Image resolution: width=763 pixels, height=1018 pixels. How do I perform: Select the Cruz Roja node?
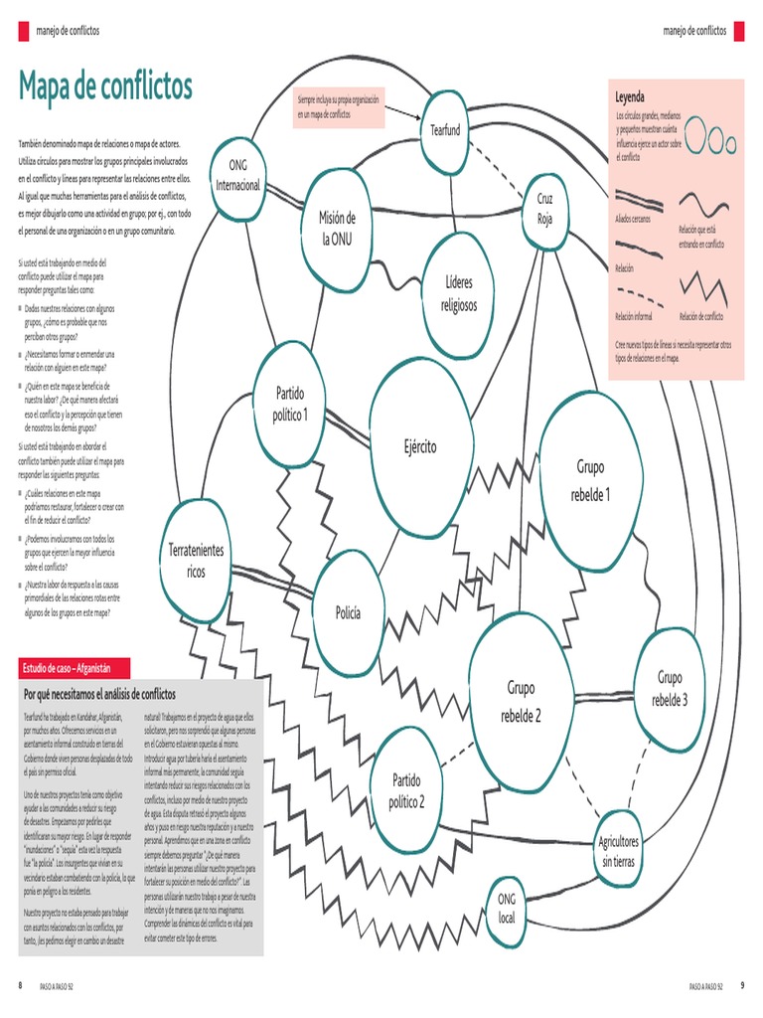544,209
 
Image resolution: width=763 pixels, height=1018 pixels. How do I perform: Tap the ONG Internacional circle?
238,175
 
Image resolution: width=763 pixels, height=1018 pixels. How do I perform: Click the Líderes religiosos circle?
458,293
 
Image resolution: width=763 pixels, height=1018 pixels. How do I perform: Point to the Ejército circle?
420,445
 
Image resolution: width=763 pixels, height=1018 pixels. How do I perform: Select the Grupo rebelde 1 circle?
591,480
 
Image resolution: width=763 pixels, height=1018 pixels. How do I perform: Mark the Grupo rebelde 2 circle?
523,701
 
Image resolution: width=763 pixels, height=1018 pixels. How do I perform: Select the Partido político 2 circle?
407,790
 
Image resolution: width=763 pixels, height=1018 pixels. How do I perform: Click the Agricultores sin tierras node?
617,851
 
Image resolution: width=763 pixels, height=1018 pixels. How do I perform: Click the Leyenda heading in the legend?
630,97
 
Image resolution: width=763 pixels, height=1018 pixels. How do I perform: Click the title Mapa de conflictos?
104,87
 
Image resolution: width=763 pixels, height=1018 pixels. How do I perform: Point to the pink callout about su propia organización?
340,107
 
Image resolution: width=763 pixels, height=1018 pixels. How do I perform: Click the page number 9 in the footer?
742,985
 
